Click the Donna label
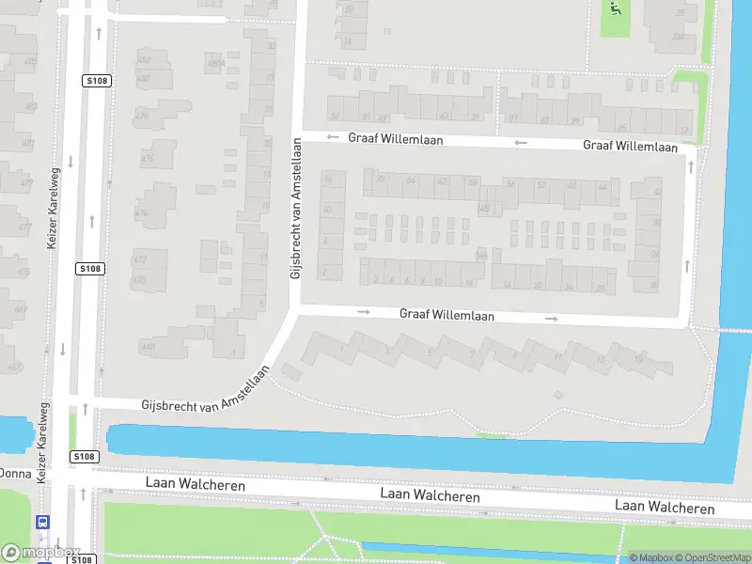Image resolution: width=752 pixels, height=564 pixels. [x=15, y=473]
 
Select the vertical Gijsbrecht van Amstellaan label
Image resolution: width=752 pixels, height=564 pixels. [x=295, y=212]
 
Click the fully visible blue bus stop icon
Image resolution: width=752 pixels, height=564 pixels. [x=43, y=522]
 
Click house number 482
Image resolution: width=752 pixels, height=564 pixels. [x=144, y=60]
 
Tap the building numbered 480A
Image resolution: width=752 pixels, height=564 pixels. [x=215, y=64]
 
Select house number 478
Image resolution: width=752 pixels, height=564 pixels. [x=142, y=117]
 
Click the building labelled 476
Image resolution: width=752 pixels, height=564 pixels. [x=147, y=159]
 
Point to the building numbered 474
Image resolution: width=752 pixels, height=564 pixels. [x=141, y=213]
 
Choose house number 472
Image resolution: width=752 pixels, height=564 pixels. [x=139, y=259]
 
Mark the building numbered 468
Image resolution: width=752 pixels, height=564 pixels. [x=148, y=347]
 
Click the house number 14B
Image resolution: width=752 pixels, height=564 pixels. [x=484, y=209]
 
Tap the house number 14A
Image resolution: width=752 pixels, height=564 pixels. [x=481, y=255]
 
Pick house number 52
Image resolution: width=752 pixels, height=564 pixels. [x=540, y=184]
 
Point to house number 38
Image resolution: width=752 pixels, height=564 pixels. [x=656, y=223]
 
